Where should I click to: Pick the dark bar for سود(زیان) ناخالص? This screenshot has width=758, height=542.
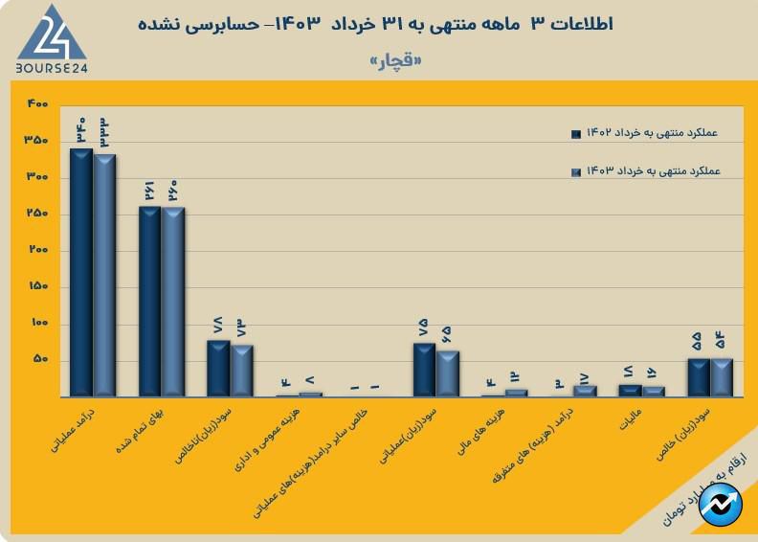point(218,369)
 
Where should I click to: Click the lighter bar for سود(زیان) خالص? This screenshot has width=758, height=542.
point(721,377)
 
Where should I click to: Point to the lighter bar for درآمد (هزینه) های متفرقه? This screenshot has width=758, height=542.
point(585,391)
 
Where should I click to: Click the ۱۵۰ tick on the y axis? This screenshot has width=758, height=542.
point(36,287)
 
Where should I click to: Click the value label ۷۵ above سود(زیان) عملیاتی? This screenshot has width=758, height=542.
point(424,327)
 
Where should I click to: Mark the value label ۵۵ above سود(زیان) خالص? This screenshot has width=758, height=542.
point(698,342)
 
